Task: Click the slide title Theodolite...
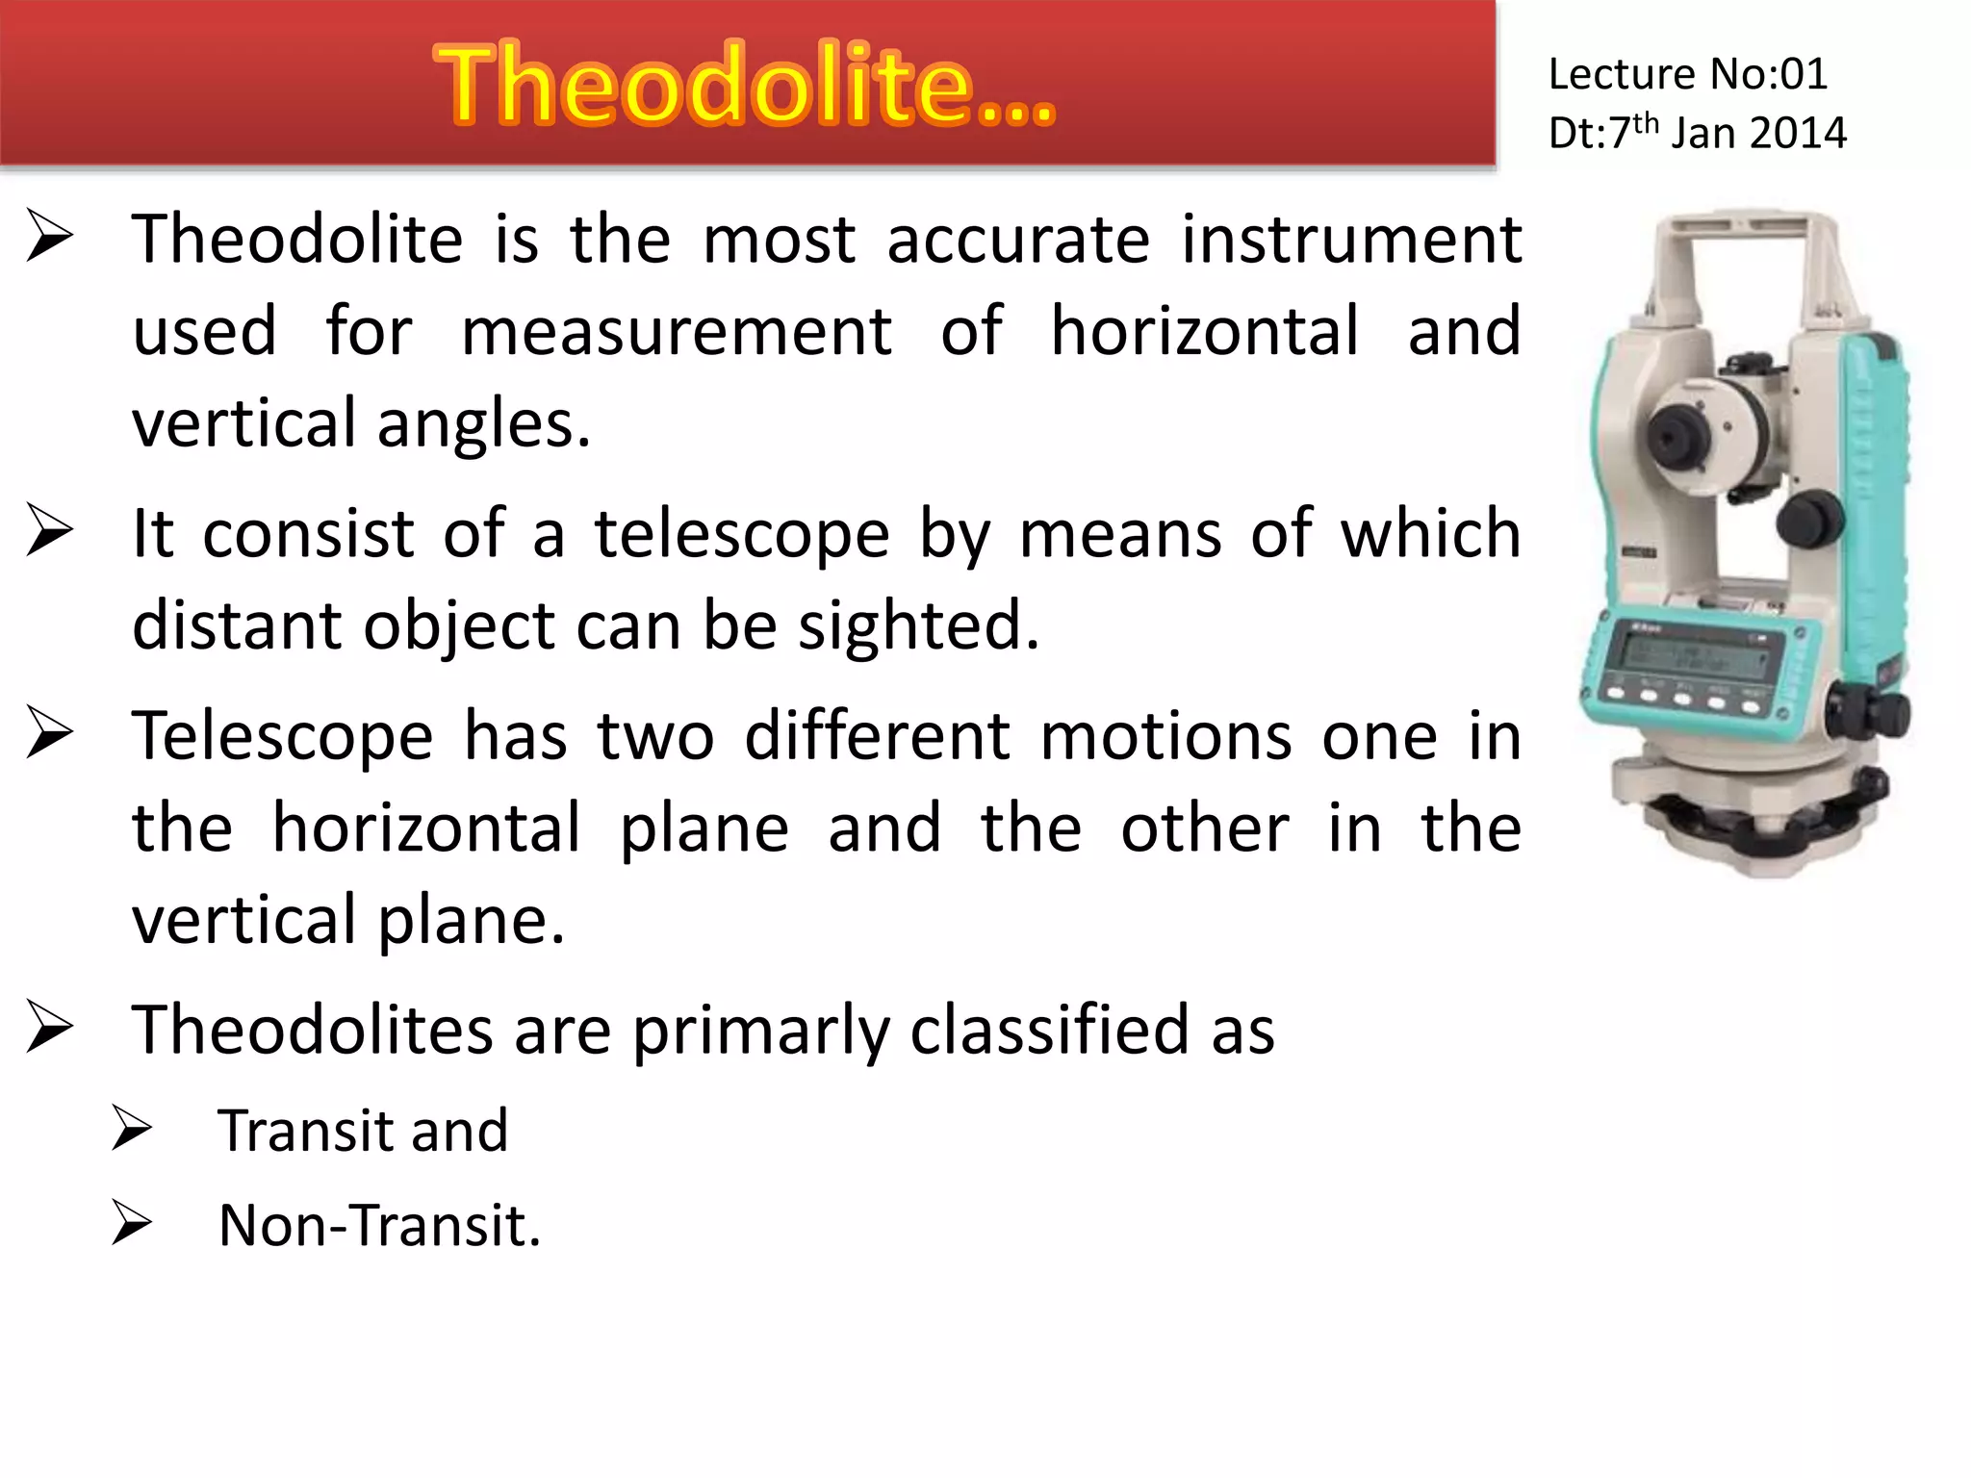point(746,87)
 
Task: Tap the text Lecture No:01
point(1687,74)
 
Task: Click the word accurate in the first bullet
point(1017,240)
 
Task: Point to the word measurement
point(677,332)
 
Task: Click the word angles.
point(483,423)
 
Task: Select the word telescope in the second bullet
point(741,534)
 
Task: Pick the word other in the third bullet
point(1204,828)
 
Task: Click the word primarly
point(759,1032)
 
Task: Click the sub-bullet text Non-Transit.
point(379,1226)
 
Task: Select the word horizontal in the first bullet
point(1204,332)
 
